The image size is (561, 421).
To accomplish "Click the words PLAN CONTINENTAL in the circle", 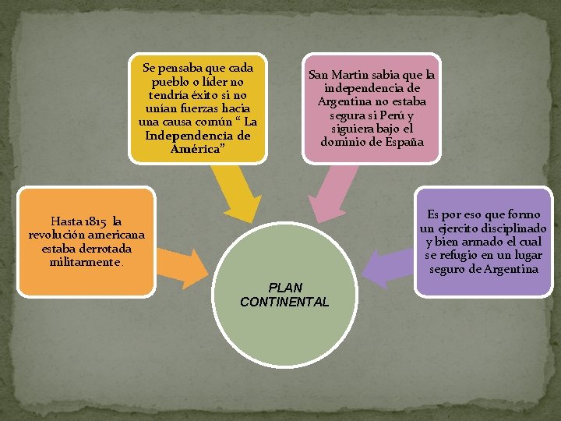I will pos(284,294).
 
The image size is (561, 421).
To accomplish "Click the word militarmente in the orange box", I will pos(85,263).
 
